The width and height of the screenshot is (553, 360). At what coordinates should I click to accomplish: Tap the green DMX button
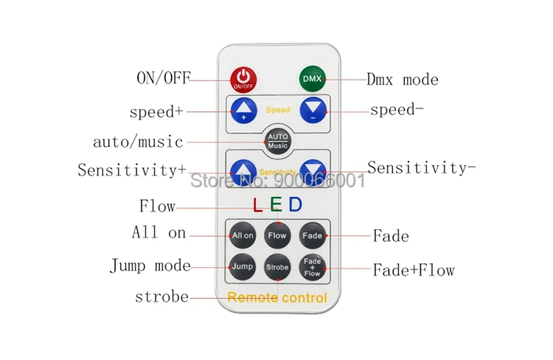coord(313,79)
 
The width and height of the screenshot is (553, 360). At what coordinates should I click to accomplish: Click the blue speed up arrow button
coord(244,111)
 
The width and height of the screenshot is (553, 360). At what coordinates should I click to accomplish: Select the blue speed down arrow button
coord(313,110)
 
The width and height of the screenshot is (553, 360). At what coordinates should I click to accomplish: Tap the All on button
coord(243,235)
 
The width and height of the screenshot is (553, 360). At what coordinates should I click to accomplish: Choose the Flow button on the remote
coord(277,235)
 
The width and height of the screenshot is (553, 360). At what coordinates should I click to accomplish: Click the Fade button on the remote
coord(313,235)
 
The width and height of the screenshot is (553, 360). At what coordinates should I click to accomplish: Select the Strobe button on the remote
coord(277,267)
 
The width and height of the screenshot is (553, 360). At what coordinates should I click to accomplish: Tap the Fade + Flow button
coord(313,267)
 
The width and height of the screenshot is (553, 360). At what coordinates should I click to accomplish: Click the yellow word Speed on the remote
coord(278,110)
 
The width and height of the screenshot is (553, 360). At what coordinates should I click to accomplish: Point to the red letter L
coord(258,204)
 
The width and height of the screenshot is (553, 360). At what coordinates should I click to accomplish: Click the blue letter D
coord(296,204)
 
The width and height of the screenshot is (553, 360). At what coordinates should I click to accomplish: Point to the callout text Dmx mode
coord(403,80)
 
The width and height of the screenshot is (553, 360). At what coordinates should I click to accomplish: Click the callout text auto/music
coord(138,142)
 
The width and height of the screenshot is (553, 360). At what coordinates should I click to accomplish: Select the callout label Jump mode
coord(150,266)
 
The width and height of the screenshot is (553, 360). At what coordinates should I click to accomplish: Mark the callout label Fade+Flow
coord(414,270)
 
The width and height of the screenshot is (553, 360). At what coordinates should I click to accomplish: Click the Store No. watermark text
coord(277,181)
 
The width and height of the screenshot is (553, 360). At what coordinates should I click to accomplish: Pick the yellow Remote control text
coord(277,297)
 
